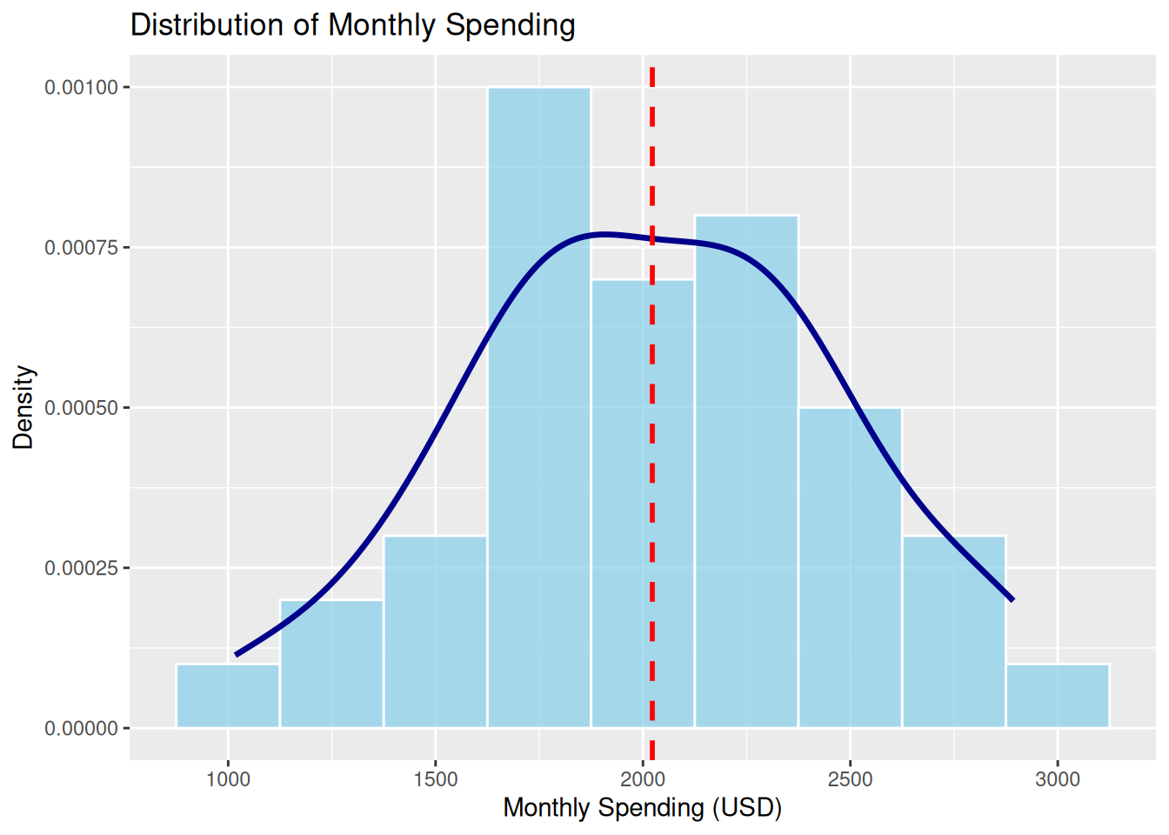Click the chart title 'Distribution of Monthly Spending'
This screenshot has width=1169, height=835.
[352, 25]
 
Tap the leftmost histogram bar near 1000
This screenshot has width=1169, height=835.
[228, 696]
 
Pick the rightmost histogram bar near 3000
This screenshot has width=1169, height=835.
[1058, 696]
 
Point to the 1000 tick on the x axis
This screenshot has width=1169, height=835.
[228, 778]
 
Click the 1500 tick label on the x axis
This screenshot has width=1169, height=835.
[435, 778]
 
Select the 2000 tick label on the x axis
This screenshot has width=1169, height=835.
[643, 778]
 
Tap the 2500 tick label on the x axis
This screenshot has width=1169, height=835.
[850, 778]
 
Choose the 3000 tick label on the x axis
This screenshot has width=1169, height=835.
[1058, 778]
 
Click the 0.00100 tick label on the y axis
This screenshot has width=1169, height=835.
[81, 87]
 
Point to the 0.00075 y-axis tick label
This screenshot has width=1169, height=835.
[81, 248]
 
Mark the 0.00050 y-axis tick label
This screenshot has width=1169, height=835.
[81, 408]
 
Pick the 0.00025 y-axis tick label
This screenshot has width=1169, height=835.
[81, 568]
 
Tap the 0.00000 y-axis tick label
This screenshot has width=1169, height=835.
[81, 729]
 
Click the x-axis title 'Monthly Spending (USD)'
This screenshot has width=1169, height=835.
[642, 808]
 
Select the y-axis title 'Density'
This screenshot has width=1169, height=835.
[23, 407]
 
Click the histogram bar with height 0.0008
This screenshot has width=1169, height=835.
[746, 487]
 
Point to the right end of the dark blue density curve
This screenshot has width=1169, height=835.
[1012, 599]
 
